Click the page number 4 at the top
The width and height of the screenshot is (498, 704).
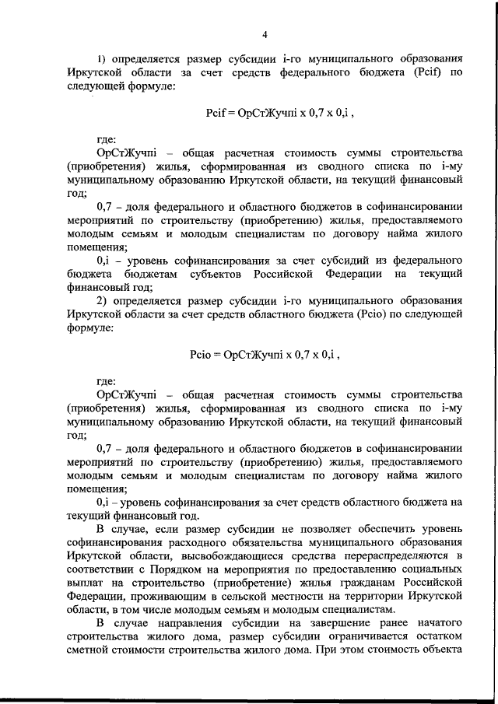(x=265, y=35)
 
